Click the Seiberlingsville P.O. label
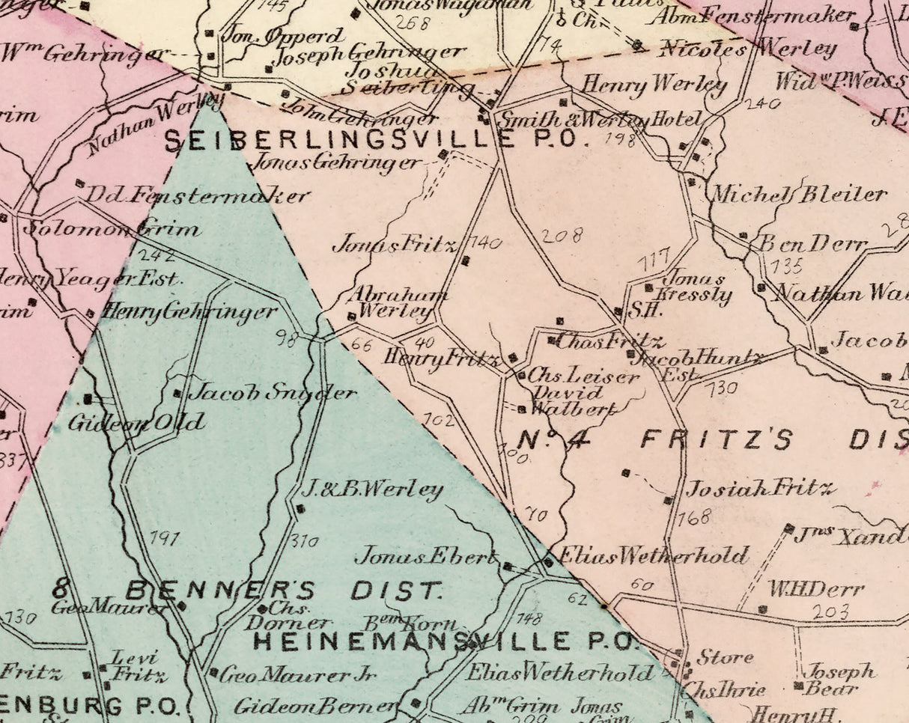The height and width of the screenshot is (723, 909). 371,139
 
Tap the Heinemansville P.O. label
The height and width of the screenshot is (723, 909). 444,641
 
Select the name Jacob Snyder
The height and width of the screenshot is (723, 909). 272,392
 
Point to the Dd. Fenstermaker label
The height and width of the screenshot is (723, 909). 197,196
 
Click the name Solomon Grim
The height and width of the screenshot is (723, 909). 112,228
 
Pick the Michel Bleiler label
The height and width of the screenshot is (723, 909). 798,195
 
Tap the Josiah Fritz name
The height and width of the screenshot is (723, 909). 759,489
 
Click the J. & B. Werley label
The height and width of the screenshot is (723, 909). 372,490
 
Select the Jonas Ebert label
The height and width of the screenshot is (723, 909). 425,556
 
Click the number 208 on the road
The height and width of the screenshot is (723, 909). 562,236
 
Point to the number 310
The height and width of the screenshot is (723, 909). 304,540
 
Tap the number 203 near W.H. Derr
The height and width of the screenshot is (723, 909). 830,611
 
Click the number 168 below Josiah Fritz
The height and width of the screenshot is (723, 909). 694,517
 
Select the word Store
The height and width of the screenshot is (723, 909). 724,658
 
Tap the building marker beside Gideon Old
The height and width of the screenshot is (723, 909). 88,399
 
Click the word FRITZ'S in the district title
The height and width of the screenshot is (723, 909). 717,439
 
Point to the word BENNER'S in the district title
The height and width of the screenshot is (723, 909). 220,591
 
